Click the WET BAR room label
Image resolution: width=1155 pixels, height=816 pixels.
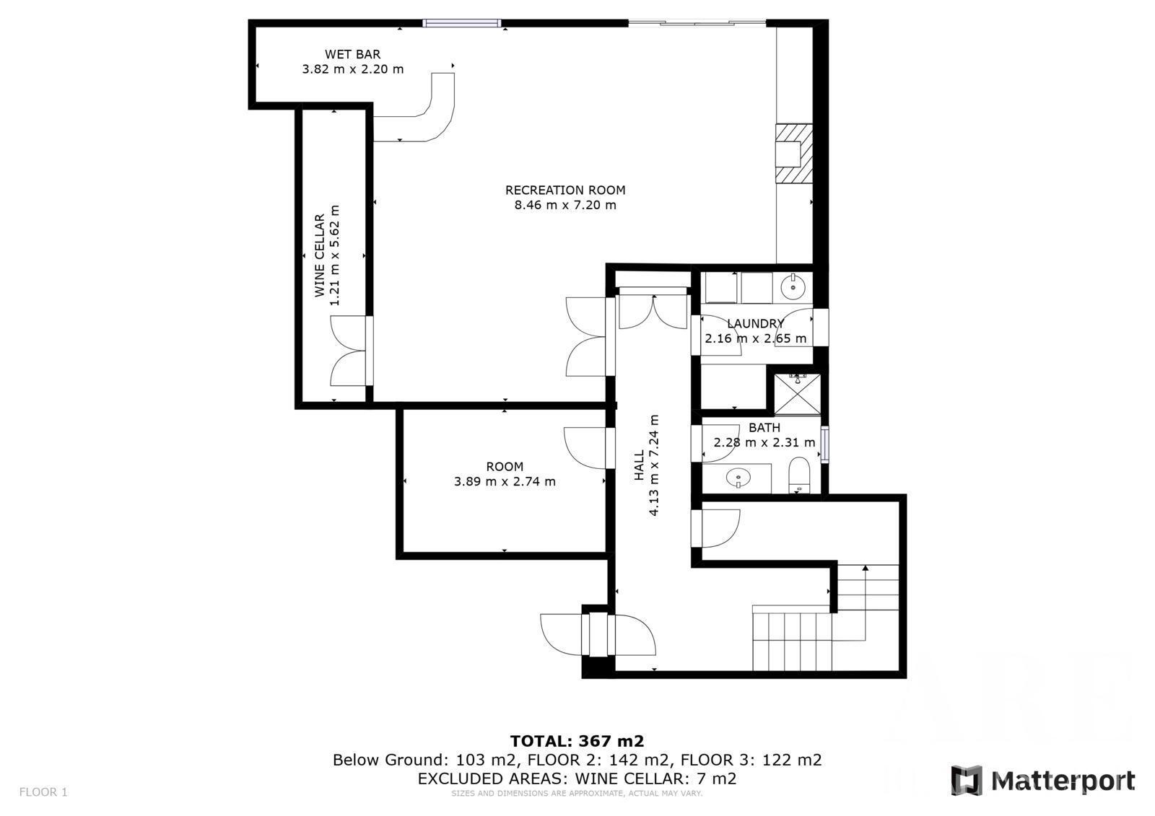point(353,55)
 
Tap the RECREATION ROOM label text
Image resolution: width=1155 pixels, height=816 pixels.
point(565,190)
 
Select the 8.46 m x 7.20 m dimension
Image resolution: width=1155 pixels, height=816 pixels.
point(565,205)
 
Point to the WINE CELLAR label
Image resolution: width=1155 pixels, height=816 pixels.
point(320,255)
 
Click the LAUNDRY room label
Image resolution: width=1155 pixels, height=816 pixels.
point(755,324)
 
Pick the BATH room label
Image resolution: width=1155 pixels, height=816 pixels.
point(764,428)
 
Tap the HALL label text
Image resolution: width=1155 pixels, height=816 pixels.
point(640,465)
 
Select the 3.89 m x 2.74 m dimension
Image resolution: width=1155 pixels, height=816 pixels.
point(505,481)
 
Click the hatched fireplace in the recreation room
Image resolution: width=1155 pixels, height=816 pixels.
point(794,153)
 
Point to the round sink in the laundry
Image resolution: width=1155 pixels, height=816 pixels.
point(793,286)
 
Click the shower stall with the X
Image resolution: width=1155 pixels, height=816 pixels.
point(797,395)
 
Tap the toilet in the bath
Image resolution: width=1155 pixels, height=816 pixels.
point(799,475)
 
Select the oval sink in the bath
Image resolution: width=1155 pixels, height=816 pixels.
point(738,478)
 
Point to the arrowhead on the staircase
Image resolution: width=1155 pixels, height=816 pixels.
point(866,568)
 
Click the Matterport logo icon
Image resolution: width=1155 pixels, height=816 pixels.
point(967,781)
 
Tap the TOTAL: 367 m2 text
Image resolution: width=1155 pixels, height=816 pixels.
point(577,741)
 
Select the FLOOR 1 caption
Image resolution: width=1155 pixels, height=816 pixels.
point(43,792)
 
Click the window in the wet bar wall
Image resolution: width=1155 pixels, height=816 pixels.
point(461,22)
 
